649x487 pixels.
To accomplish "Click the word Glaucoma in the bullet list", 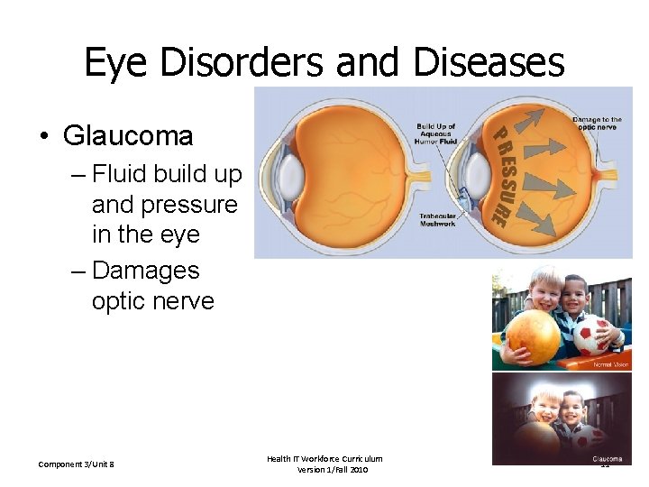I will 128,136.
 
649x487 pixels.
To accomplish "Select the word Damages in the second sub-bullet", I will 146,271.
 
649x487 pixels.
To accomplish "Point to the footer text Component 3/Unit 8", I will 76,464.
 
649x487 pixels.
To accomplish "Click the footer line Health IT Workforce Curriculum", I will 324,459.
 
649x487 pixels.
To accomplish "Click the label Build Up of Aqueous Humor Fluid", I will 436,133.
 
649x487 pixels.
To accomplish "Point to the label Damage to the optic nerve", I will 597,124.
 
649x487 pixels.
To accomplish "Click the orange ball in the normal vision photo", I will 535,336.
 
